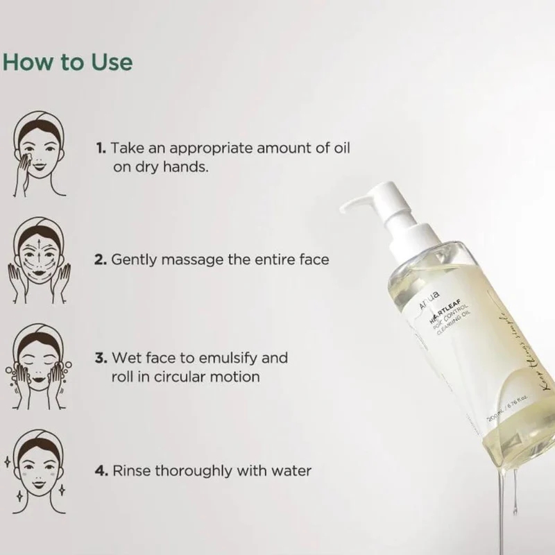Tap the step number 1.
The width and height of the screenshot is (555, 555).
101,148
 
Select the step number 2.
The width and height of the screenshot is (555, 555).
101,259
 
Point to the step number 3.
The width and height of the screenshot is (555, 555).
101,359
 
